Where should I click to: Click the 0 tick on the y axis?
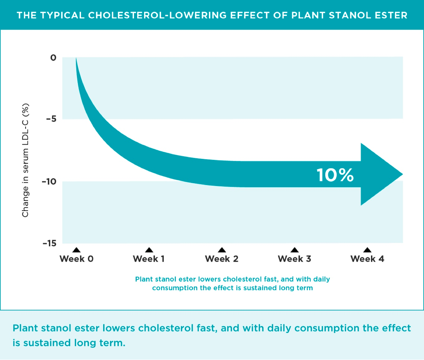(x=53, y=57)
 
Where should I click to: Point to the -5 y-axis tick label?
(x=51, y=119)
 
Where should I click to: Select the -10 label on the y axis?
(x=49, y=181)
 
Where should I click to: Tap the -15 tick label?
(x=50, y=243)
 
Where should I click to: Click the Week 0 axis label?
(x=77, y=259)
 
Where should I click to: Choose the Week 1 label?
(x=149, y=259)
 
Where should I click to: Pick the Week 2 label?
(x=221, y=259)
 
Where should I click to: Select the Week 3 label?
(x=294, y=259)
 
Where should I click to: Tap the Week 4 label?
(x=367, y=259)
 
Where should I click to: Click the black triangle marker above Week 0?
(x=76, y=250)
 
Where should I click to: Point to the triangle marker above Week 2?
(x=222, y=250)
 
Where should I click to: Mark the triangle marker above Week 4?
(x=367, y=250)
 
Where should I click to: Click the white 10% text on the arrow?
(x=335, y=175)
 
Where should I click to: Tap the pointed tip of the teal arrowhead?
(x=402, y=174)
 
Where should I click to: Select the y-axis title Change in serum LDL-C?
(x=25, y=160)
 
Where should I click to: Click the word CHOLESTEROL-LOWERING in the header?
(x=157, y=15)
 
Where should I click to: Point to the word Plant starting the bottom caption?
(x=25, y=328)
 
